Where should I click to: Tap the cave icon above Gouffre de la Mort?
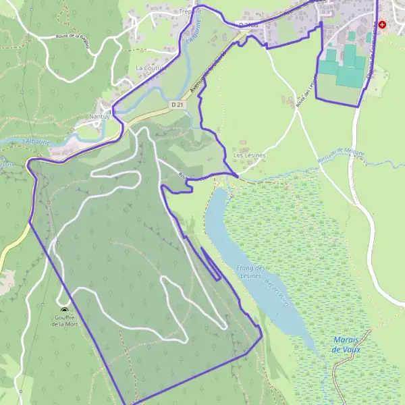64,310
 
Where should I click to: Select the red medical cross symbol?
383,24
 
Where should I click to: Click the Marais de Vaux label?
347,344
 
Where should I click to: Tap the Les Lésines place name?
249,155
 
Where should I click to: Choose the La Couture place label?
149,68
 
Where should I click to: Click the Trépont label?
191,11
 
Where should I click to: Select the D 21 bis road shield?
248,25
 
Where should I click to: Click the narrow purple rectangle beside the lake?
210,263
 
